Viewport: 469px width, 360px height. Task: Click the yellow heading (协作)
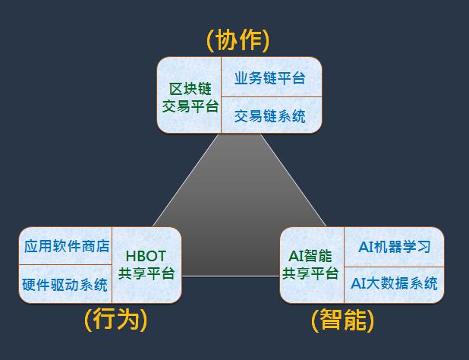click(x=238, y=40)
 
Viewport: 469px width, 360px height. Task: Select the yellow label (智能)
click(x=343, y=320)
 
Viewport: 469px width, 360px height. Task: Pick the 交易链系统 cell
click(x=270, y=115)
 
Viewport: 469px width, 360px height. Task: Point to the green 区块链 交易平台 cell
click(x=190, y=96)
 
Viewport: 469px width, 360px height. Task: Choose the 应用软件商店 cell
click(x=67, y=246)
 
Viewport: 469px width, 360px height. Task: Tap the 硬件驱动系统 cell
click(x=65, y=285)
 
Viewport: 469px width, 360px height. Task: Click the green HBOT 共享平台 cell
click(x=146, y=265)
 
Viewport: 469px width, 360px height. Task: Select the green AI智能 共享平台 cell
click(x=311, y=265)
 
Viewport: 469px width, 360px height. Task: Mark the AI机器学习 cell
click(x=394, y=246)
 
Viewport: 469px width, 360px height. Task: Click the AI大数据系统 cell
click(x=394, y=283)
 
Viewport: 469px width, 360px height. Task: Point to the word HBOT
click(x=146, y=256)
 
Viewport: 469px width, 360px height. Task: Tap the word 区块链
click(x=190, y=87)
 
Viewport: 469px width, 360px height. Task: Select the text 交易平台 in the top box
click(x=190, y=106)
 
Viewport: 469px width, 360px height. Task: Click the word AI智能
click(x=311, y=256)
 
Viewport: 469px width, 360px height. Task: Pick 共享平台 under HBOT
click(x=146, y=274)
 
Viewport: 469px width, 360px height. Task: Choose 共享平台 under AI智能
click(x=311, y=274)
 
